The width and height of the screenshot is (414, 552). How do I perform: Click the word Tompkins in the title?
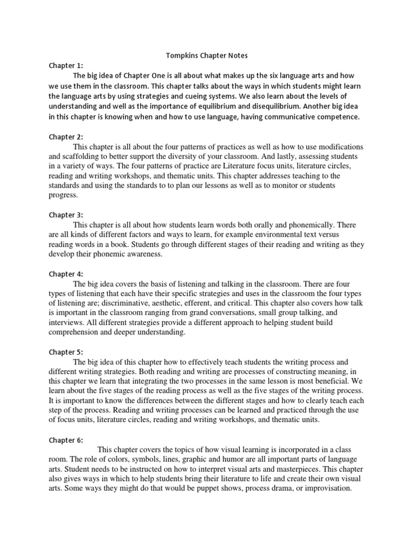click(x=180, y=56)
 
